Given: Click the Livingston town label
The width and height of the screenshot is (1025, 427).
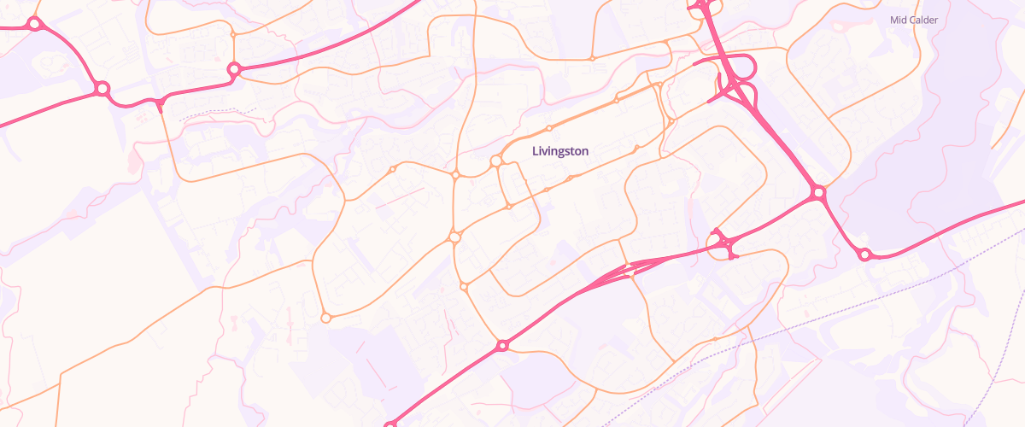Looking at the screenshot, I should pos(559,151).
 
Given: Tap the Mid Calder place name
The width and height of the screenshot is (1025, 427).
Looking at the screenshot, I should pos(913,20).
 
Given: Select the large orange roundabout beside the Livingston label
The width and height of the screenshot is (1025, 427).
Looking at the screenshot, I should pos(495,161).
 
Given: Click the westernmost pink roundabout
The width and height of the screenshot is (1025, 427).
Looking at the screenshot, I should pos(34,24).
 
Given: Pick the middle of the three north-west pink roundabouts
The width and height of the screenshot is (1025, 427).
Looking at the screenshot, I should pos(102,88).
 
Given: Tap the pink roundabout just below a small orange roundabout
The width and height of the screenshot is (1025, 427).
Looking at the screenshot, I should pos(233,68).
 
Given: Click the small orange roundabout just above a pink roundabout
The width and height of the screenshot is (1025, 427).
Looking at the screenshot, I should pos(232,35).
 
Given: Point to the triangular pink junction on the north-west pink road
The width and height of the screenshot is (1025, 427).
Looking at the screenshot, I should pos(159,103).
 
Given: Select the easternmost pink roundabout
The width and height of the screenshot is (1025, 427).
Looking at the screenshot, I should pos(864,254).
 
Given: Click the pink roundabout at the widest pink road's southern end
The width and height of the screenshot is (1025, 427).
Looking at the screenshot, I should pos(818,194).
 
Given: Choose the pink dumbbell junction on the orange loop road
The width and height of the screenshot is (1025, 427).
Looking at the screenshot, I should pos(724,244).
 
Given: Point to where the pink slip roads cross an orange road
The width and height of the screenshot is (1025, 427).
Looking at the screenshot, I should pos(630,269).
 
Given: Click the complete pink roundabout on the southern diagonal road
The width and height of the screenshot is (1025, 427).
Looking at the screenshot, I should pos(502,345).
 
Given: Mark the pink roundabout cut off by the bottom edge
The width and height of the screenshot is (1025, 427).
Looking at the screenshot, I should pos(390,424).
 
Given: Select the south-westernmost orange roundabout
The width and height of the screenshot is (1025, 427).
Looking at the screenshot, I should pos(325,318).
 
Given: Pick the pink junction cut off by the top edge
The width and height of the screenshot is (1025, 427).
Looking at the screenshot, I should pos(700,5).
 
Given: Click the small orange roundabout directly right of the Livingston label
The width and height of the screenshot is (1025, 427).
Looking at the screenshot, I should pos(637,149).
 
